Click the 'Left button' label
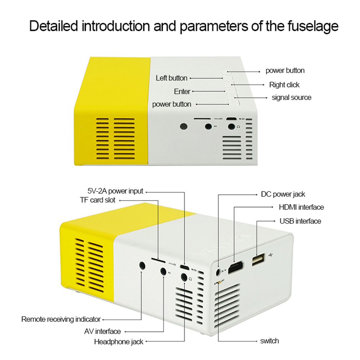point(171,78)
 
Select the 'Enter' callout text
point(182,92)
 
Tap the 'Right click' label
point(284,85)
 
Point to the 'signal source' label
point(291,97)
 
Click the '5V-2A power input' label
point(115,191)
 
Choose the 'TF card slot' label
point(98,200)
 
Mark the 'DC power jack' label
point(283,194)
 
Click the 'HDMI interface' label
point(301,207)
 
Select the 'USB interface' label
point(300,221)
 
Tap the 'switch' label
point(269,341)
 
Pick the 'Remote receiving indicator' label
point(61,319)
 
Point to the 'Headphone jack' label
point(119,341)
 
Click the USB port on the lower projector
point(258,260)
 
